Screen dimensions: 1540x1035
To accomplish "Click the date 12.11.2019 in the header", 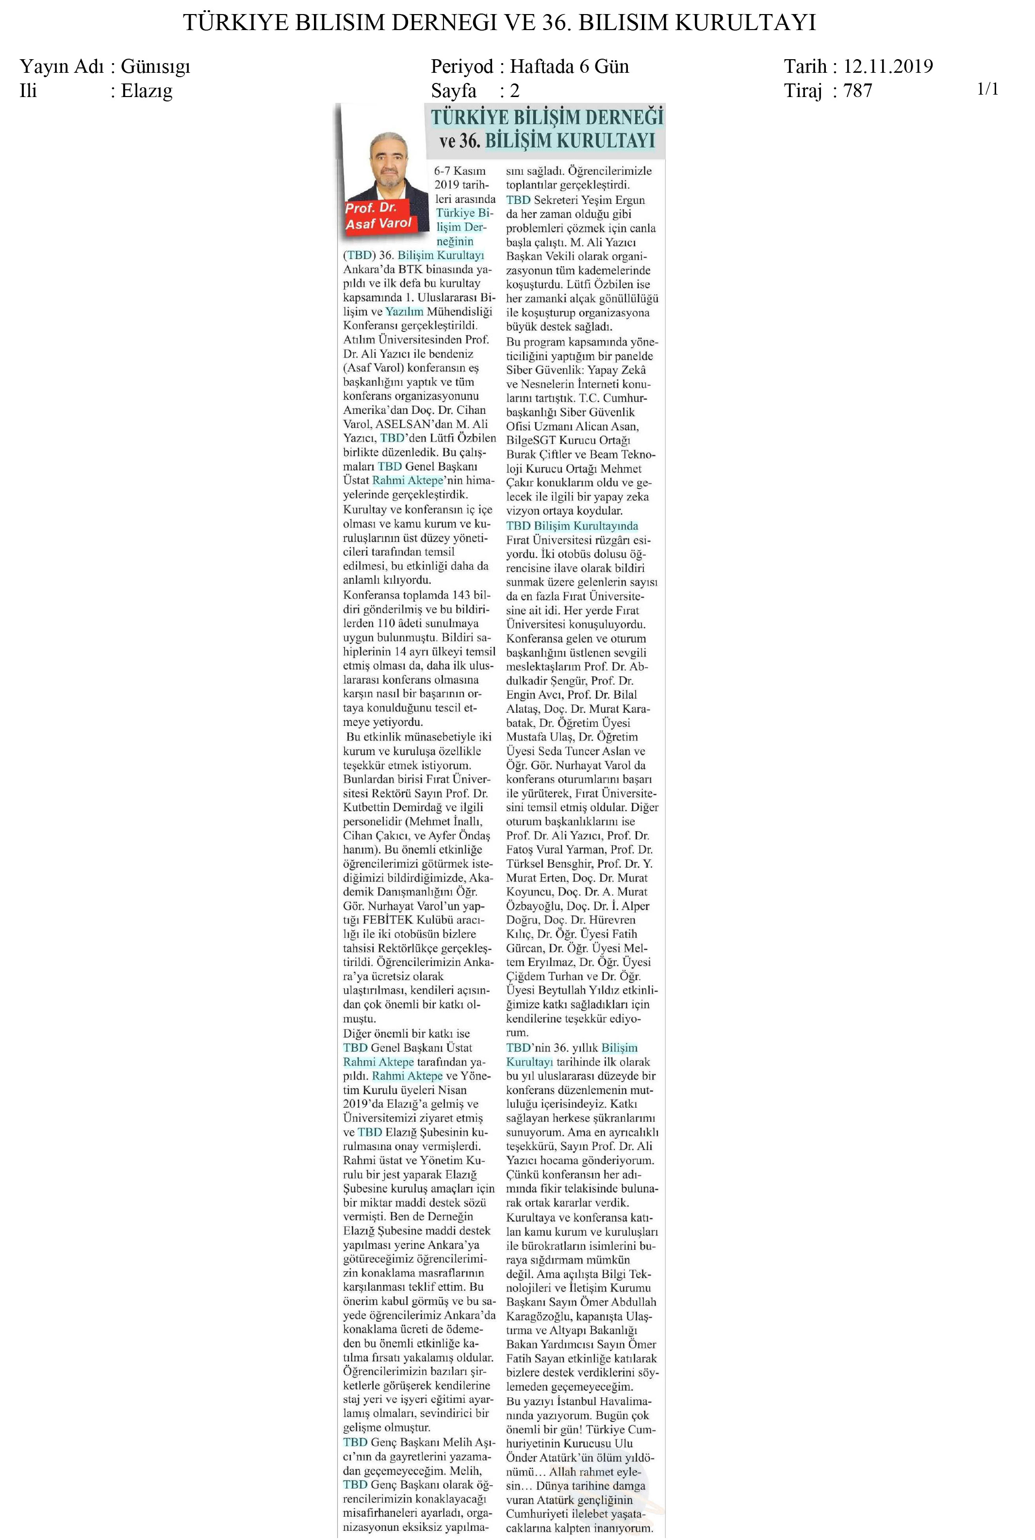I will (x=888, y=66).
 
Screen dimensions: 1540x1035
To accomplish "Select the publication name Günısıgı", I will (x=155, y=66).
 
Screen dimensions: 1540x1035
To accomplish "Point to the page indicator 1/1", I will (x=987, y=89).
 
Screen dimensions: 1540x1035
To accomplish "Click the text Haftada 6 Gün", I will (x=569, y=66).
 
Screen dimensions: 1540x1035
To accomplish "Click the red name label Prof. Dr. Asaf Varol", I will (x=378, y=216).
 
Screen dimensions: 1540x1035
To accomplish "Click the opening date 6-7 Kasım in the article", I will (x=460, y=170).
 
